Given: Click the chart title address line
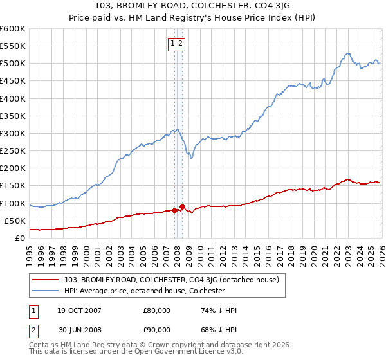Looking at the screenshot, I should tap(193, 6).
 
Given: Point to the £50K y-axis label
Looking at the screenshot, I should tap(14, 221).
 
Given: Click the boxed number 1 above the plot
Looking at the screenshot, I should tap(173, 44).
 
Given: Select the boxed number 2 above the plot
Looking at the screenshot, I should tap(181, 44).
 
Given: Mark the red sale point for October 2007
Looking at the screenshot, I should tap(174, 210).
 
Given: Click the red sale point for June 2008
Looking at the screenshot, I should tap(182, 206).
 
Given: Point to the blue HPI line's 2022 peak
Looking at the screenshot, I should tap(347, 53).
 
